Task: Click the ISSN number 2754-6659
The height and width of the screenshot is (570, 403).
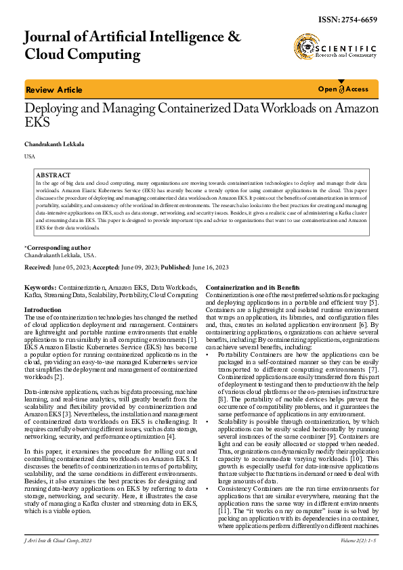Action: (x=357, y=20)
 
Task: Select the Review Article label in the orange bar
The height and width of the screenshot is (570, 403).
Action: (x=54, y=90)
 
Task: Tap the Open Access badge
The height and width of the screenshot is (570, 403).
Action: (x=343, y=89)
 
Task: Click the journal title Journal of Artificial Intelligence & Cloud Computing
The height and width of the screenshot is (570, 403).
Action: (x=132, y=45)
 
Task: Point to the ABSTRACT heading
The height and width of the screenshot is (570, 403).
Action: (x=53, y=175)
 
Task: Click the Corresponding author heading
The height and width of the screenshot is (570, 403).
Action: (x=58, y=248)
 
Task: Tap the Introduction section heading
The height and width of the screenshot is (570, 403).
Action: (x=43, y=309)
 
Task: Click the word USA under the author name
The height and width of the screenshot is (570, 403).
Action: (x=30, y=156)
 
